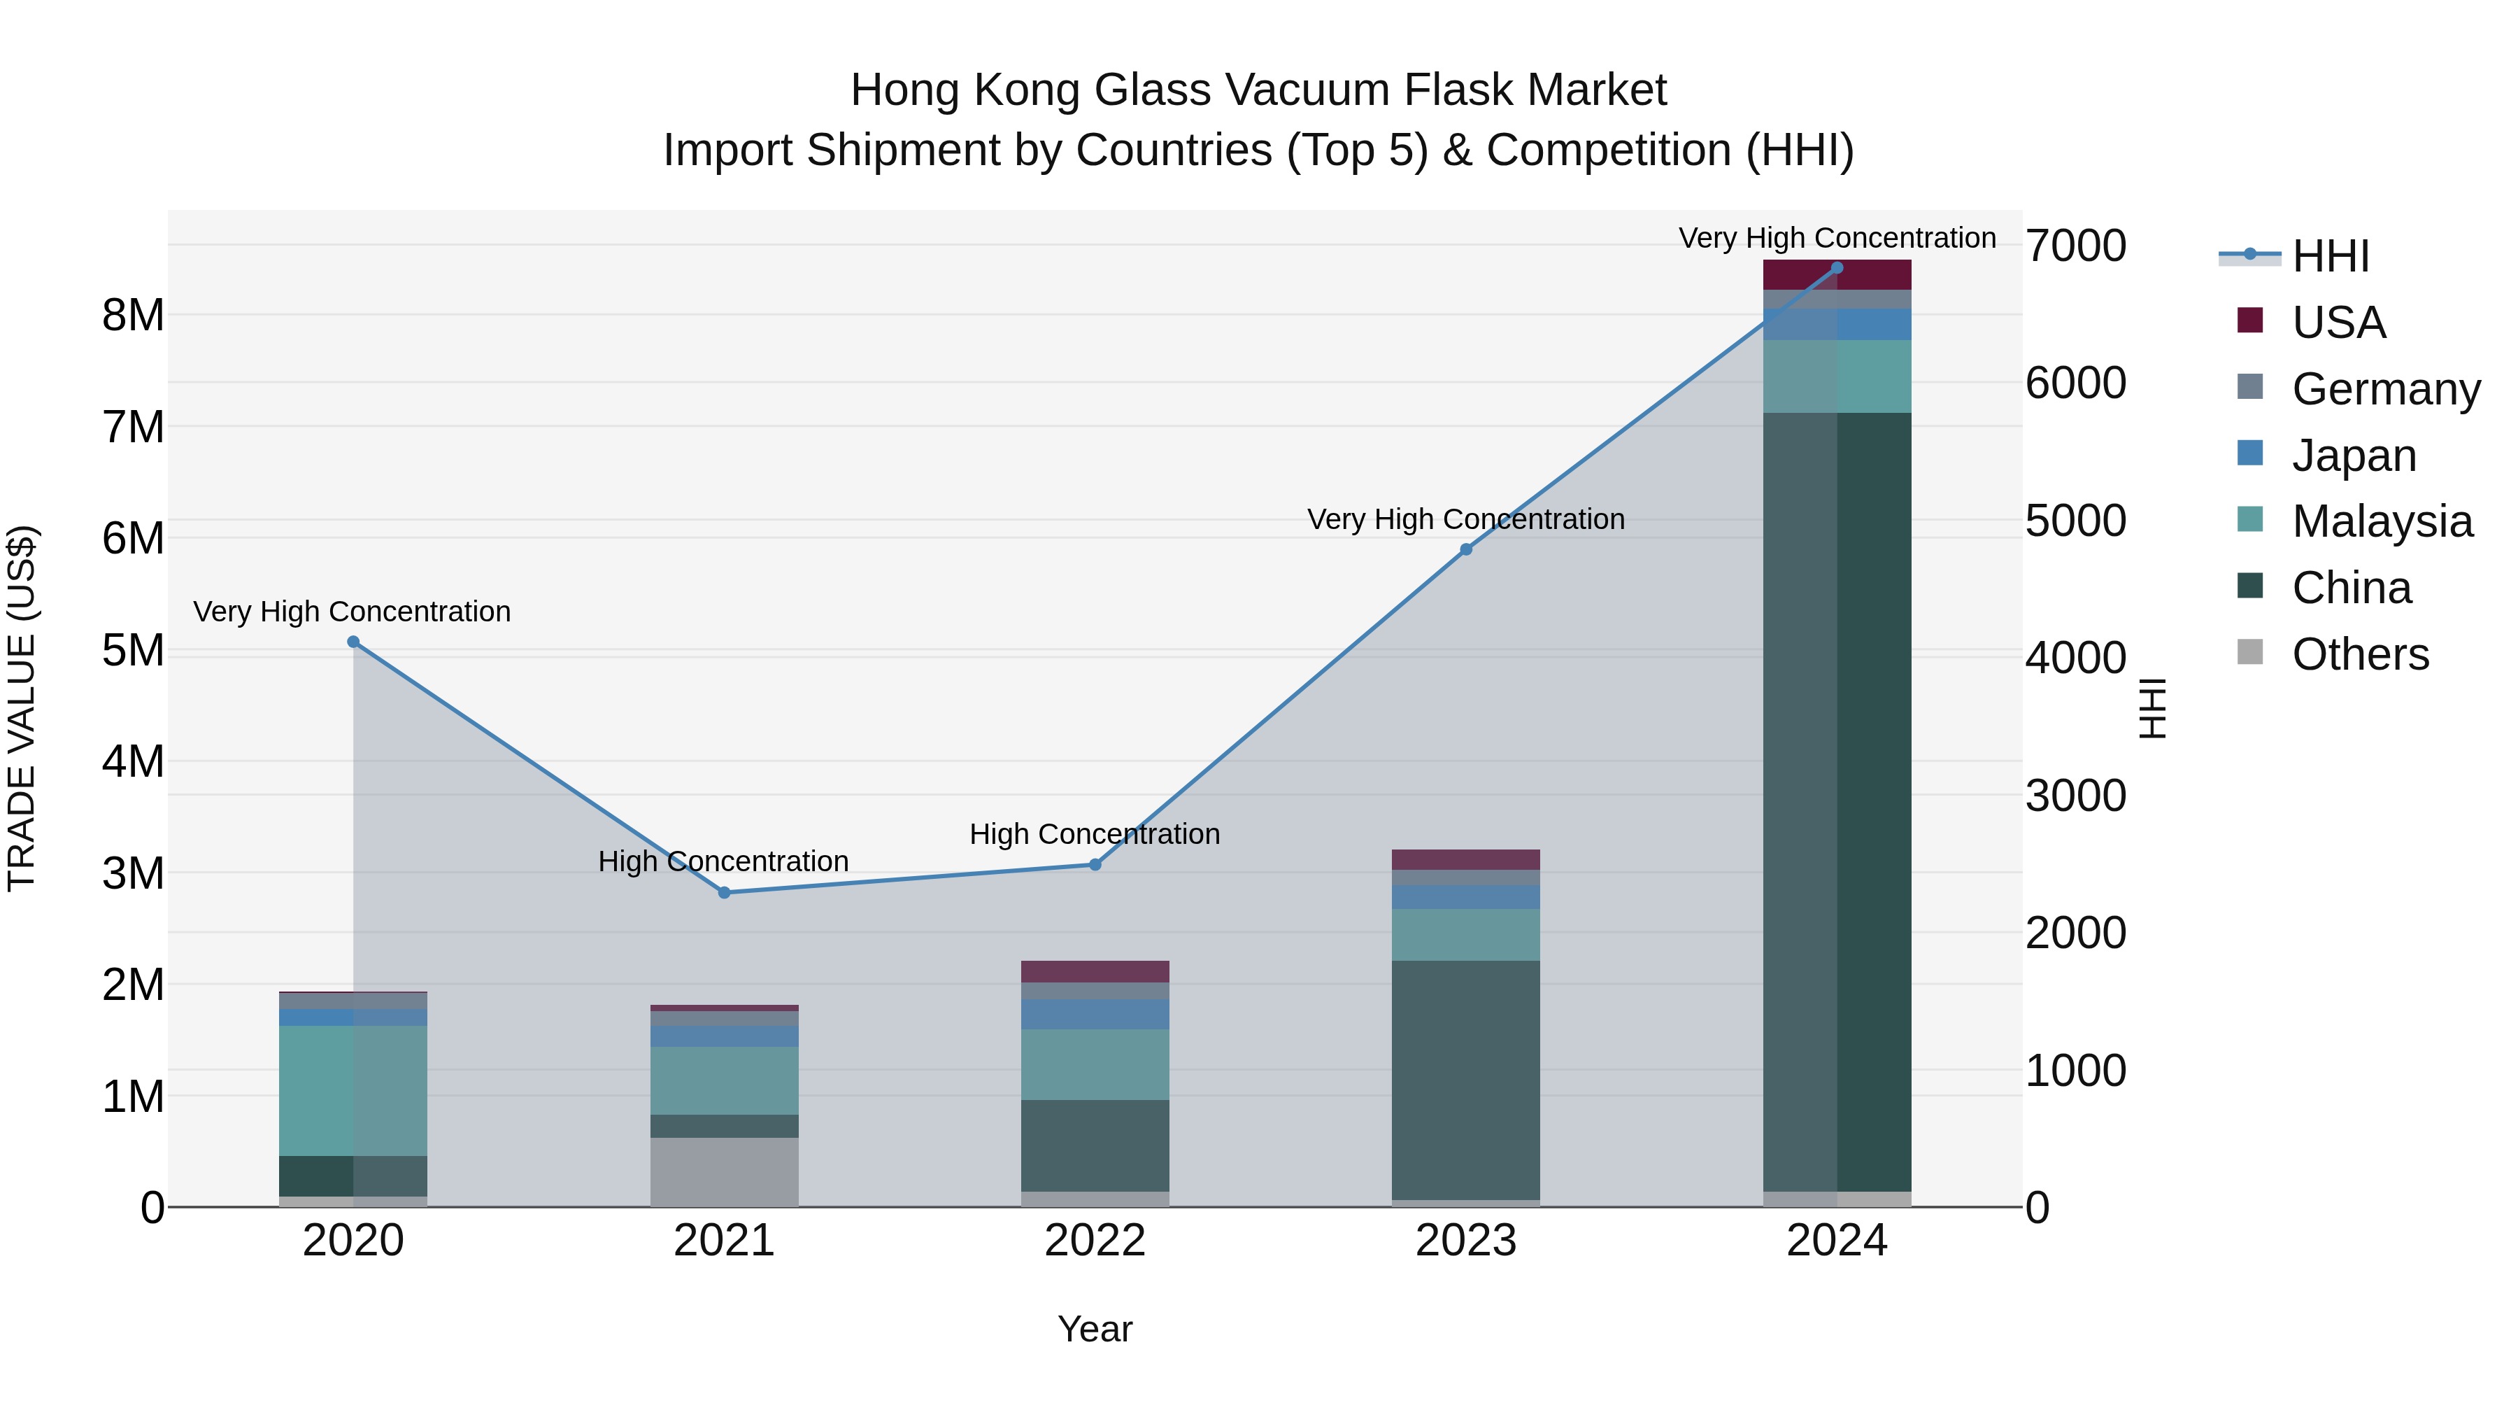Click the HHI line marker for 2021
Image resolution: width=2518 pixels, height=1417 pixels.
[x=725, y=892]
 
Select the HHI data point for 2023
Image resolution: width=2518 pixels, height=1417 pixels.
[x=1465, y=549]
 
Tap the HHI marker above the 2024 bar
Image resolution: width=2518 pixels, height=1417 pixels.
[x=1837, y=268]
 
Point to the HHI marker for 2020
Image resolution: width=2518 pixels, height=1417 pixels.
[x=354, y=642]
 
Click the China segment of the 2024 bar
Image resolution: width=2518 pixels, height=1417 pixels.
[x=1837, y=802]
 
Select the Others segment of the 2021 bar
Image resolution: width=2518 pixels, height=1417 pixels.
[x=725, y=1171]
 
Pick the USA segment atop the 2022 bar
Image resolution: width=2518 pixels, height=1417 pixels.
[x=1095, y=971]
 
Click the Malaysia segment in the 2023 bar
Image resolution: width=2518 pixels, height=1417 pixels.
[x=1465, y=935]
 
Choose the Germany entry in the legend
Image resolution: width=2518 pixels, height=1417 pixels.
[x=2385, y=389]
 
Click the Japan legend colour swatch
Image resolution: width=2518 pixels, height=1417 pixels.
[x=2249, y=453]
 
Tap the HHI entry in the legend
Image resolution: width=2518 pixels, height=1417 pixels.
[x=2331, y=256]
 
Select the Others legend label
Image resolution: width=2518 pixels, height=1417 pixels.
[x=2360, y=654]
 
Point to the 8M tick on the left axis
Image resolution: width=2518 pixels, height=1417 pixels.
[x=134, y=316]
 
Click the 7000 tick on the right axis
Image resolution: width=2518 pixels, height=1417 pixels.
[x=2075, y=246]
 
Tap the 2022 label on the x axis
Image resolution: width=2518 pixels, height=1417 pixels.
[x=1095, y=1241]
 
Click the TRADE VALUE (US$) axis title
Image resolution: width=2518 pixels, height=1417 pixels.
[x=22, y=708]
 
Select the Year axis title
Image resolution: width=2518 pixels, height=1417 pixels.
[x=1095, y=1329]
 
